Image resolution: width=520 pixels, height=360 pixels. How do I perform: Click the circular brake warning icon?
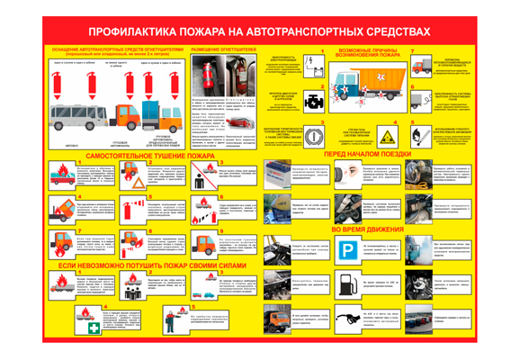[x=312, y=137]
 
